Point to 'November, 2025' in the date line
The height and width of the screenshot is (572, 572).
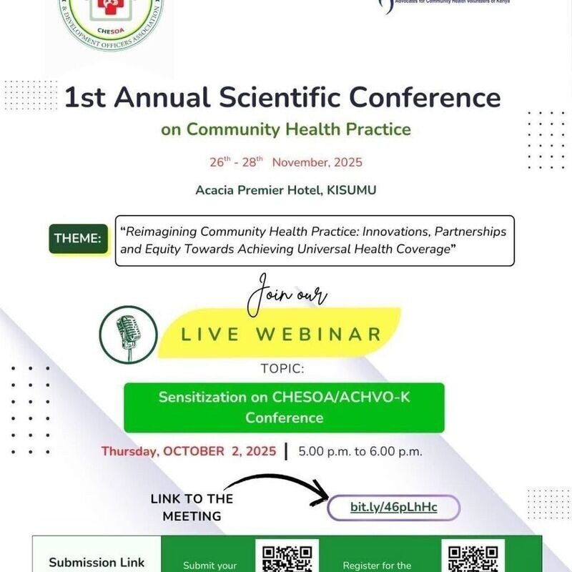tap(317, 162)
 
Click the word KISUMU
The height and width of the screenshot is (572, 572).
tap(350, 190)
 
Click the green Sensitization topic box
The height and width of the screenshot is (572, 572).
tap(284, 408)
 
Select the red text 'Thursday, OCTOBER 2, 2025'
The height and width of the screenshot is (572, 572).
tap(189, 451)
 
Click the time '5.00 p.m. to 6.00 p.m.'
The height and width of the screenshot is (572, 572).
tap(360, 451)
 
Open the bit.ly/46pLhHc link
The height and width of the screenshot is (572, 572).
tap(393, 507)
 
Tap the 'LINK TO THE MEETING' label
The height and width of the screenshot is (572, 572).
tap(192, 507)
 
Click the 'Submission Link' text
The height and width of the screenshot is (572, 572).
tap(97, 562)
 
